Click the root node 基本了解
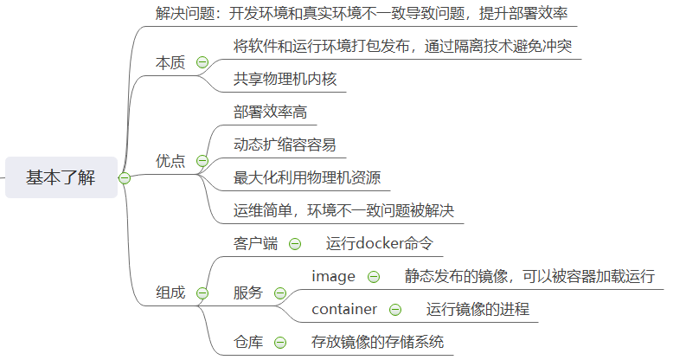[61, 177]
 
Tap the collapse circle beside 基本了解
[125, 178]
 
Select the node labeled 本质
[170, 62]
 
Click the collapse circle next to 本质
[202, 62]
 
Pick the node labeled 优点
[170, 161]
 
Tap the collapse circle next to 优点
[202, 161]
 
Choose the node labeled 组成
[170, 292]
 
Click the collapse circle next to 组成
[202, 292]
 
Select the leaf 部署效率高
[270, 112]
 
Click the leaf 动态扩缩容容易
[285, 145]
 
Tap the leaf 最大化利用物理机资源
[307, 177]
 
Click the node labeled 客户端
[255, 244]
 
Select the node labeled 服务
[248, 292]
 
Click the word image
[334, 277]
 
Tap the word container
[344, 309]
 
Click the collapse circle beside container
[395, 309]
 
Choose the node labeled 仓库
[248, 342]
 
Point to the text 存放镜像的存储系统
[378, 342]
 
